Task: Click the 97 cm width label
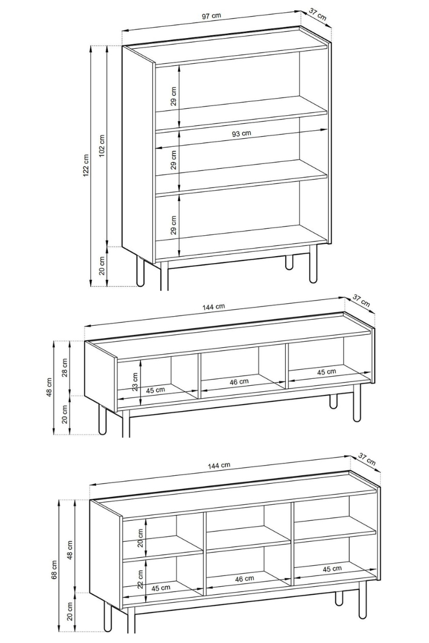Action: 211,16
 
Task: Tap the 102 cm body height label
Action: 102,146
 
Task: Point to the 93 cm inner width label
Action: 241,133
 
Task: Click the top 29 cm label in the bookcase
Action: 173,96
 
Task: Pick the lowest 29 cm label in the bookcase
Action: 173,225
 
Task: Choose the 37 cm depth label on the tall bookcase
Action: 318,14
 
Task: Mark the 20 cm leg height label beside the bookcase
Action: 102,265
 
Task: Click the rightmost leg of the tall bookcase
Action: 313,264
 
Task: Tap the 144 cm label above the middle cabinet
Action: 213,307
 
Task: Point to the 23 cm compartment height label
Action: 135,382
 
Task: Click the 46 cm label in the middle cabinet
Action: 239,382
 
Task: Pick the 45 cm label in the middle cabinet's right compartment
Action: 327,372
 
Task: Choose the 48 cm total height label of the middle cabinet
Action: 49,387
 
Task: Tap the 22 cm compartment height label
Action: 140,579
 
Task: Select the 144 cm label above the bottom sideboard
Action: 219,465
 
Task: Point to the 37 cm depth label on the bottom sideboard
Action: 367,459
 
